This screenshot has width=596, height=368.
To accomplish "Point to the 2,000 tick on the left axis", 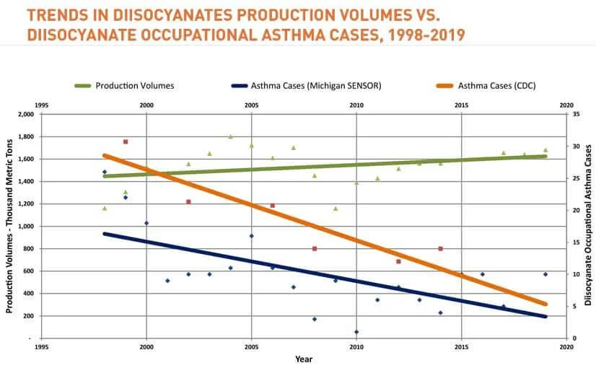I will pyautogui.click(x=25, y=115).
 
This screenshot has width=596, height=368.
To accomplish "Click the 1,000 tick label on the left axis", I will pyautogui.click(x=25, y=227).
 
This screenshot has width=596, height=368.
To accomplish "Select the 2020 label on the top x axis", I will pyautogui.click(x=566, y=105).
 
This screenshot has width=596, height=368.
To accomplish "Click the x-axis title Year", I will pyautogui.click(x=304, y=359).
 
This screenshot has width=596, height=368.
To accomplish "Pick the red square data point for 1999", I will pyautogui.click(x=126, y=141).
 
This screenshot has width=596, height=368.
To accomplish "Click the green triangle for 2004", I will pyautogui.click(x=231, y=136).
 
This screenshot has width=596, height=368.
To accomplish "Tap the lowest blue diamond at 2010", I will pyautogui.click(x=356, y=332).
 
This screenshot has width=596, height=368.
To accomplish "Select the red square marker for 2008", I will pyautogui.click(x=315, y=248).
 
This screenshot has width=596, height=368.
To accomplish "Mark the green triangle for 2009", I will pyautogui.click(x=336, y=209).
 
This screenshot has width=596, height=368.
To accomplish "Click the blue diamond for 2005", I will pyautogui.click(x=251, y=236).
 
